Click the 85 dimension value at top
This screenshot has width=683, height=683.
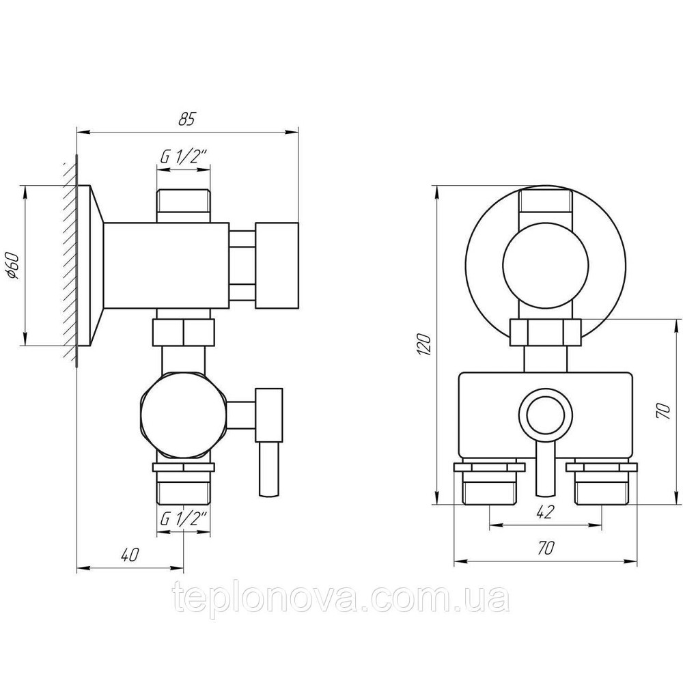[x=186, y=119]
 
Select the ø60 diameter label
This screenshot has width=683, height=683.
[x=13, y=266]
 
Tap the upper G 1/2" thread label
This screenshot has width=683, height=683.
[x=182, y=157]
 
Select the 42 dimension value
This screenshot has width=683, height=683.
[x=544, y=512]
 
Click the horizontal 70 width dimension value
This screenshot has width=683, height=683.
[x=544, y=548]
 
